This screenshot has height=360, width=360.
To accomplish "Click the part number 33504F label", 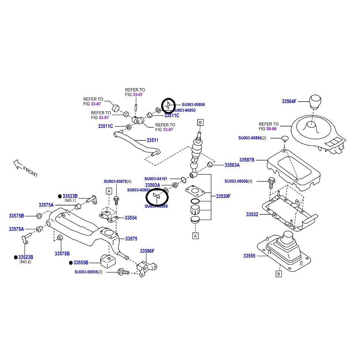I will click(289, 101).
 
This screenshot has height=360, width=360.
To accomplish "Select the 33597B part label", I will click(247, 160).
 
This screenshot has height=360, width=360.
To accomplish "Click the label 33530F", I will click(223, 196).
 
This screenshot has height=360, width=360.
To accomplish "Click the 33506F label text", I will click(147, 251).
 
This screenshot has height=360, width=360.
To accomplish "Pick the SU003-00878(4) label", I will click(118, 182).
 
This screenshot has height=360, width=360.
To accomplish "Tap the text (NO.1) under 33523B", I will click(70, 201).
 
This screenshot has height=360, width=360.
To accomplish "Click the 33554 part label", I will click(131, 218).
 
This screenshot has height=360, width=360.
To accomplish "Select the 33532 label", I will click(252, 214).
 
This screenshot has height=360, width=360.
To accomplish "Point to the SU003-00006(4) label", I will click(243, 181).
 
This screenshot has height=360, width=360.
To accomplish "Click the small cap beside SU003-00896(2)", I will click(284, 138).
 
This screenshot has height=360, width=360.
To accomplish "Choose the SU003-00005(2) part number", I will click(93, 272).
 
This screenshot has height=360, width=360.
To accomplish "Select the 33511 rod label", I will click(152, 140).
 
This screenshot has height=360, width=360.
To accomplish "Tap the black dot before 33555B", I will click(70, 262).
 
